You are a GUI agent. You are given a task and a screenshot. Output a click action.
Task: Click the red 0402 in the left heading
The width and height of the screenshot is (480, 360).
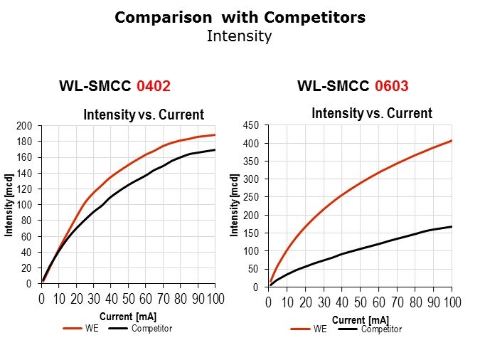(153, 87)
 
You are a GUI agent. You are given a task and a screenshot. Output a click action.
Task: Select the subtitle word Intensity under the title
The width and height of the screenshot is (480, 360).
(239, 36)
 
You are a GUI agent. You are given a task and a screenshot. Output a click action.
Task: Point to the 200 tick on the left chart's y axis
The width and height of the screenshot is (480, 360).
(24, 126)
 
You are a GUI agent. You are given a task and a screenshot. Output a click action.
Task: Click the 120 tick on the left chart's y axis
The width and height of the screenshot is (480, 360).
(24, 189)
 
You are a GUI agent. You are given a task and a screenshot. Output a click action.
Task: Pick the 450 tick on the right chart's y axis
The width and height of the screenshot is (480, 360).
(251, 126)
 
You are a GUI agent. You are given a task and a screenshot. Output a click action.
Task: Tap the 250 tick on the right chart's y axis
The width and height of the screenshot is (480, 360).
(251, 198)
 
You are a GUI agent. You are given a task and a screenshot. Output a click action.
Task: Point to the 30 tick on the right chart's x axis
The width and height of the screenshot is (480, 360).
(324, 303)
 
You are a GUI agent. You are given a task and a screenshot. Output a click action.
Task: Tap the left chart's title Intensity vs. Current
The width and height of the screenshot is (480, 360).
(144, 115)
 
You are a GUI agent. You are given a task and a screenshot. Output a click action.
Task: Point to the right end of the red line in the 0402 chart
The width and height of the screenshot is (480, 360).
(214, 134)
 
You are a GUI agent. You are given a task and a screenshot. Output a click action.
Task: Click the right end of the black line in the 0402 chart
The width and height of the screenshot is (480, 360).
(214, 149)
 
